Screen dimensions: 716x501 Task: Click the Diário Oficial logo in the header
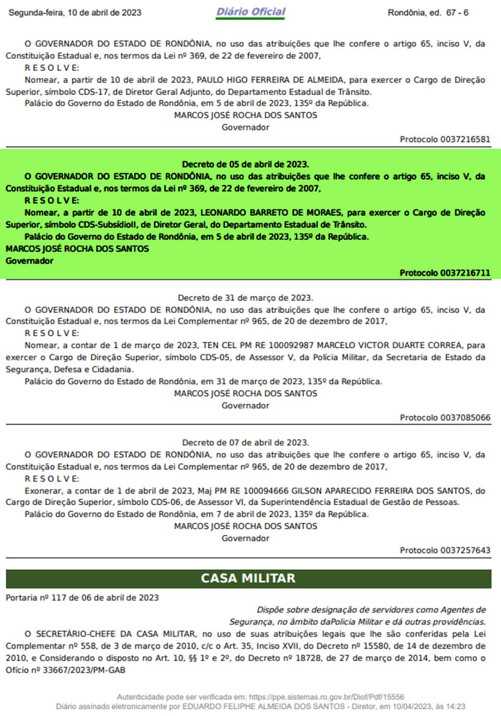(251, 12)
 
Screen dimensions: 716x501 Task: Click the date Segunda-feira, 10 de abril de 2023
(75, 13)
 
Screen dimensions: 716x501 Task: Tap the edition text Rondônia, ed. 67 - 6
(428, 13)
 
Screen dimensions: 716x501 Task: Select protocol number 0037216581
(465, 139)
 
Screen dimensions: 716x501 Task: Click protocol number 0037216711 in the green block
(465, 273)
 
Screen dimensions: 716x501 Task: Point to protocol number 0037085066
(465, 418)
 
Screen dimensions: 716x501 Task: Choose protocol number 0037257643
(465, 550)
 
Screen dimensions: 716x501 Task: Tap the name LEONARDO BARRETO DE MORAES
(271, 213)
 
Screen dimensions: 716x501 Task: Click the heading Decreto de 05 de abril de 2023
(245, 165)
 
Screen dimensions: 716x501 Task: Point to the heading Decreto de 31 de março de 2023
(245, 298)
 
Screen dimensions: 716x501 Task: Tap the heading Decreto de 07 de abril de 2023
(245, 443)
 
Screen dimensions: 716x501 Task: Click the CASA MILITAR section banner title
(248, 578)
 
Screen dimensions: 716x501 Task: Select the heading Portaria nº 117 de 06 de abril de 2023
(82, 598)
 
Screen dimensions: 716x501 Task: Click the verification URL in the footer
(326, 697)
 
